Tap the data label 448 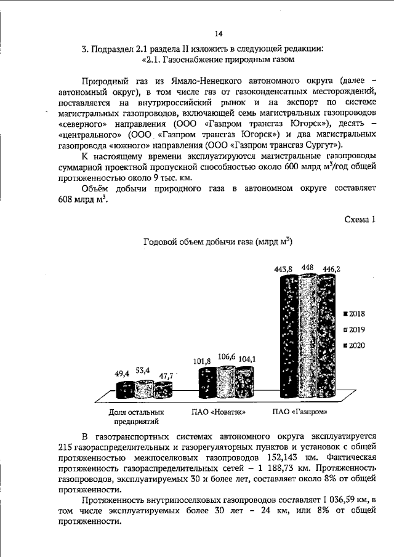coord(308,268)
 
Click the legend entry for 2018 coord(354,313)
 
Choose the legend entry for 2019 coord(354,329)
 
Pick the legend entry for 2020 coord(354,345)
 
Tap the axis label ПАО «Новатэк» coord(215,411)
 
